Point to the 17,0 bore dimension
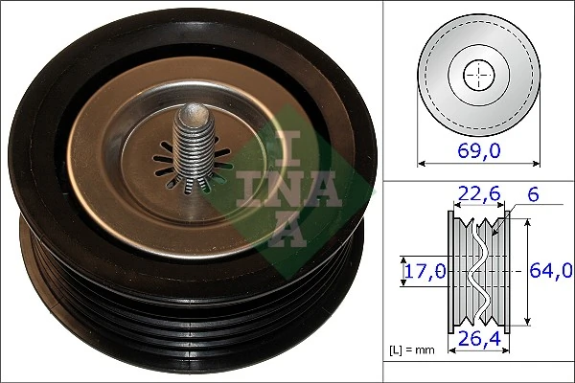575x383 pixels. pyautogui.click(x=422, y=271)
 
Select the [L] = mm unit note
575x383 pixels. pyautogui.click(x=412, y=350)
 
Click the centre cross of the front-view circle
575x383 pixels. pyautogui.click(x=476, y=74)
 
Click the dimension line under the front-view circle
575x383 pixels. pyautogui.click(x=476, y=165)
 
